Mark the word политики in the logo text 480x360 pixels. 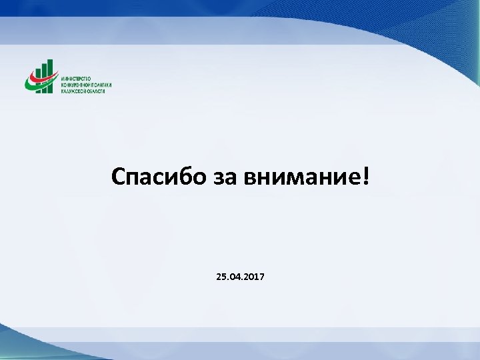[x=101, y=85]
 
